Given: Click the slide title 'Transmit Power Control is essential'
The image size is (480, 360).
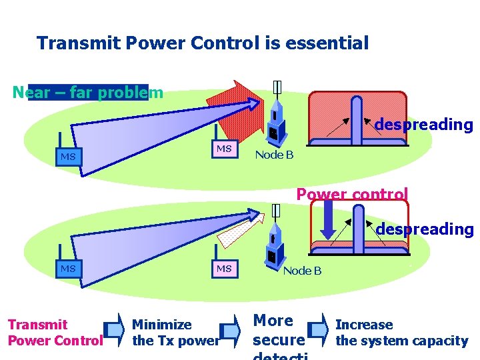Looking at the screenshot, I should coord(202,44).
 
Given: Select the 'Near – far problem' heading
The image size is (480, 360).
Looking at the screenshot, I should coord(87,92).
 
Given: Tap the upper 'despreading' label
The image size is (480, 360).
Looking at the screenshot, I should coord(423,125).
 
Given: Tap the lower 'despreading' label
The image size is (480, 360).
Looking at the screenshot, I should coord(424,229).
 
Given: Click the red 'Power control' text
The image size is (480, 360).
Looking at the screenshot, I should coord(351,195).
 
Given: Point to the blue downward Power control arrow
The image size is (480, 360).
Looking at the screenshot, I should coord(330,221).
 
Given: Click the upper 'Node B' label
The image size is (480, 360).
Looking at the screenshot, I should coord(274,155).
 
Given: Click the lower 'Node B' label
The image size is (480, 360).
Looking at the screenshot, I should coord(302,271).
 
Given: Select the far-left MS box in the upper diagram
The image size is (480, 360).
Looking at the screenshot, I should coord(68,157).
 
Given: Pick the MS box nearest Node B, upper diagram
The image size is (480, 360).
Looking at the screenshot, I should coord(224,148).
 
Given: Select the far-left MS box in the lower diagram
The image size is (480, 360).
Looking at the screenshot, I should coord(68,269).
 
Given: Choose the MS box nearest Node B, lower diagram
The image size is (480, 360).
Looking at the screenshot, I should coord(224,269).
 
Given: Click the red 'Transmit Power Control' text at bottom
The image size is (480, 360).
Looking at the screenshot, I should coord(55,333).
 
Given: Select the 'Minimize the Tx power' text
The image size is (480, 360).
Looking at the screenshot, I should coord(175,333).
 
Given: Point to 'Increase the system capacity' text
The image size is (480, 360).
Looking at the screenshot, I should coord(401,333).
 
